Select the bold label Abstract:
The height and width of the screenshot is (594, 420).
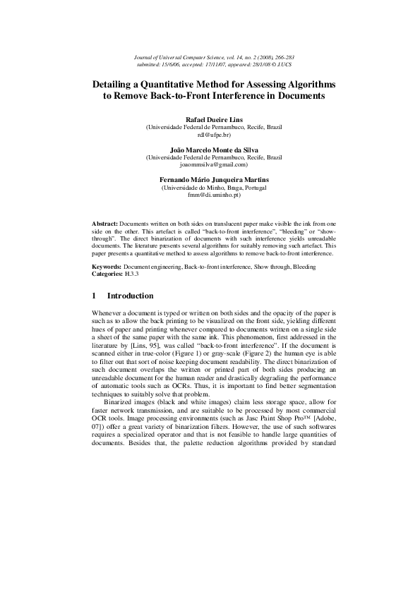(106, 222)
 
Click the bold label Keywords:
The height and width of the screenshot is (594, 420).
(108, 267)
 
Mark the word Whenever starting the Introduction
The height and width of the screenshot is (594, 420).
(108, 312)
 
